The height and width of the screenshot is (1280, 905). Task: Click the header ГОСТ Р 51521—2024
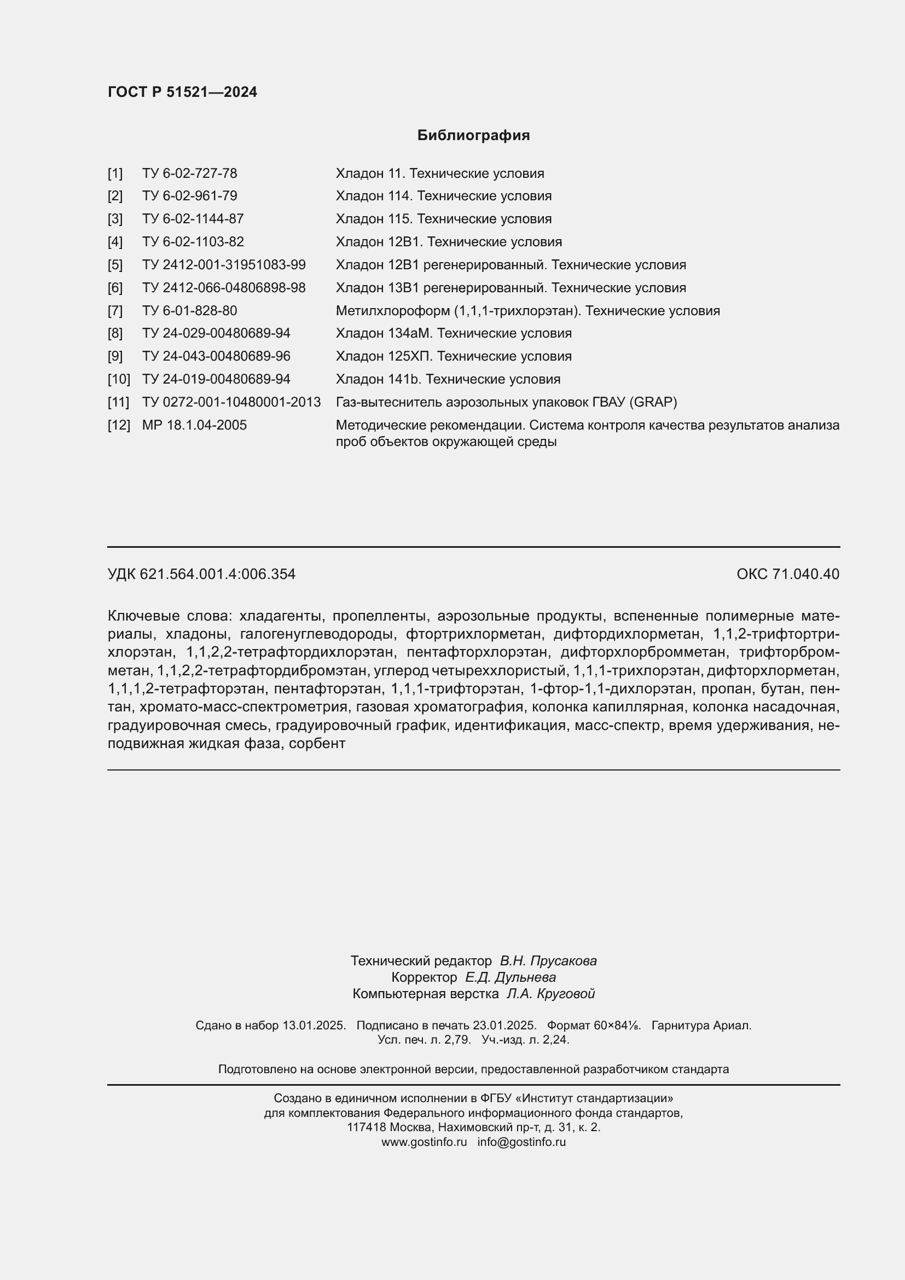tap(182, 92)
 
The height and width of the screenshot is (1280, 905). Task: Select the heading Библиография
tap(473, 136)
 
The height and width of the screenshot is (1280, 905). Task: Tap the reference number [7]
tap(115, 310)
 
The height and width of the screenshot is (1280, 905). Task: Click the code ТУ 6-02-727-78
tap(189, 173)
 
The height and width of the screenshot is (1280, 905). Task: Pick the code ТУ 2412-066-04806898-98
tap(223, 288)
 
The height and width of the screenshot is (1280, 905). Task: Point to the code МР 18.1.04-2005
tap(194, 425)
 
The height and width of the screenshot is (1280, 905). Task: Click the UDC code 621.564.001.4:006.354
tap(217, 574)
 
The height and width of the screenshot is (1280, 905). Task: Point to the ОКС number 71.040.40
tap(805, 574)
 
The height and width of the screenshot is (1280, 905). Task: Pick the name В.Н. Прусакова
tap(548, 960)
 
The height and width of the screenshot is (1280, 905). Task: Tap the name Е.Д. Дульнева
tap(510, 977)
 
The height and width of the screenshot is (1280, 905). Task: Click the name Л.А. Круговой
tap(550, 993)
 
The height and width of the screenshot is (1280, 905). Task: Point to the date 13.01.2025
tap(314, 1025)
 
